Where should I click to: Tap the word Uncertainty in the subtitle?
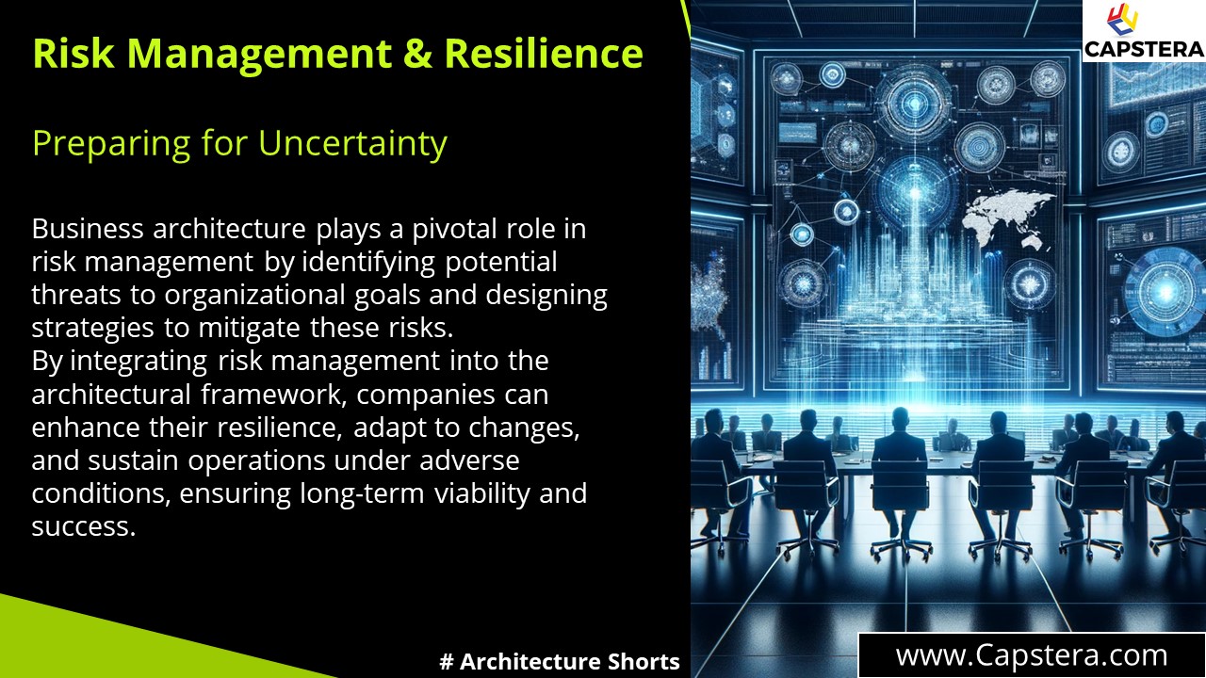coord(352,143)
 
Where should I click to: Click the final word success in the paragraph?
coord(84,525)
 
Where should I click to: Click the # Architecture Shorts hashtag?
coord(560,661)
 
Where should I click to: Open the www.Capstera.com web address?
coord(1031,654)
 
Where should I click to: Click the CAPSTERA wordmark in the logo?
coord(1143,48)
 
